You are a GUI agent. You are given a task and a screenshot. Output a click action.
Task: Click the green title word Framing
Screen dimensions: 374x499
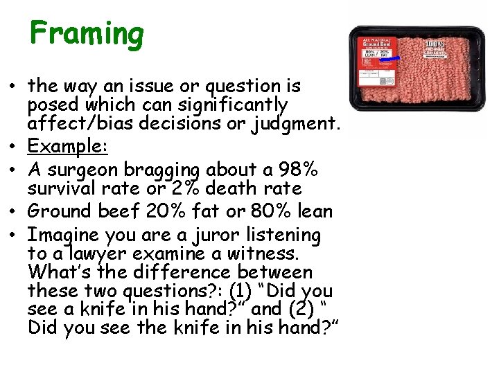pos(87,33)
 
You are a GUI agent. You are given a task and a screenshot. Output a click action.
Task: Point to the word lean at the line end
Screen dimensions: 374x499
pos(312,211)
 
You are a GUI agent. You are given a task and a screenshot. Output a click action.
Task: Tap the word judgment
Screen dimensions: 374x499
pos(295,123)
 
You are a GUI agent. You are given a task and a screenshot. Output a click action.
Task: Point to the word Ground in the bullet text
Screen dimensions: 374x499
pos(61,211)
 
